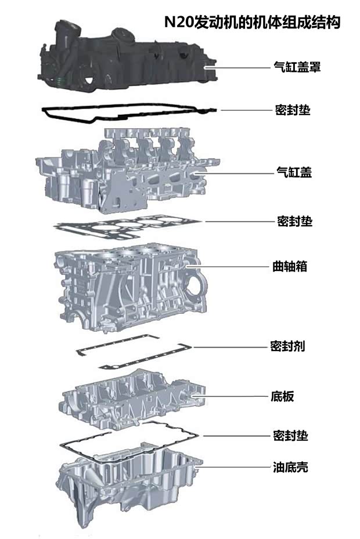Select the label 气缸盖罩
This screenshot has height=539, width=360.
pyautogui.click(x=297, y=67)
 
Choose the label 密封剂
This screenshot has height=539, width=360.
pyautogui.click(x=287, y=346)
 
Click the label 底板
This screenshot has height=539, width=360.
pyautogui.click(x=283, y=397)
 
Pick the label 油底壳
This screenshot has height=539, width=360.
pyautogui.click(x=290, y=466)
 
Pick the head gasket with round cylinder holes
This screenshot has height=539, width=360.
pyautogui.click(x=128, y=226)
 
